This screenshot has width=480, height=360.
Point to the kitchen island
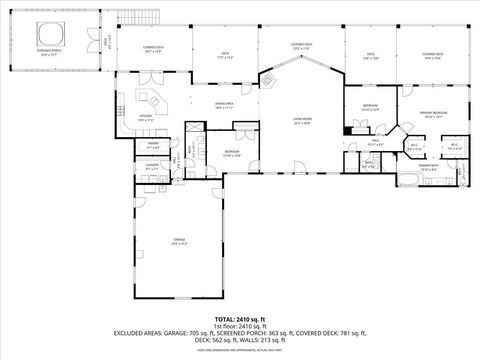(155, 102)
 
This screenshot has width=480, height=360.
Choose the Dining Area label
(224, 105)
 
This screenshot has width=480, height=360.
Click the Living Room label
(301, 120)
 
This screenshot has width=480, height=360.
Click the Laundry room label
(153, 166)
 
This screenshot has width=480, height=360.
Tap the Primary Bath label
(428, 166)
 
